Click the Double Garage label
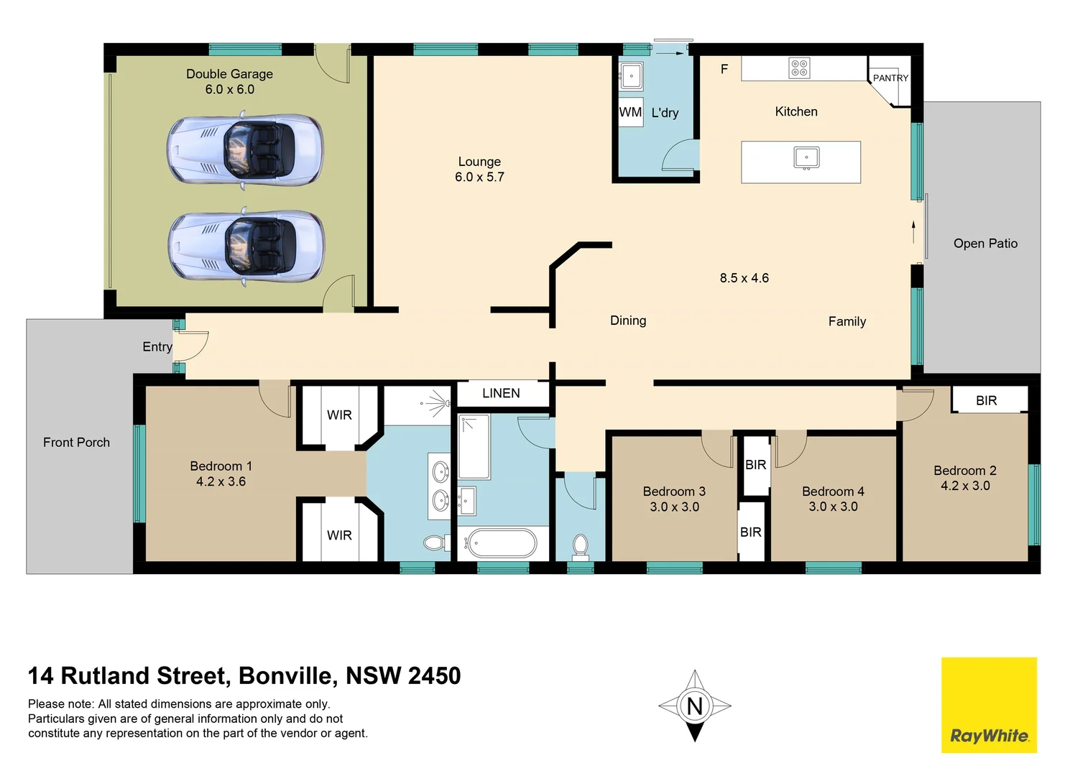pos(229,74)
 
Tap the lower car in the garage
pos(246,246)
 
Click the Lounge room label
pos(479,162)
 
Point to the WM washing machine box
pos(630,112)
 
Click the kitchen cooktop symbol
pos(799,68)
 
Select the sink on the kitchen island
pos(806,157)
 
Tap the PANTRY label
pos(890,78)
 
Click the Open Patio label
pos(985,244)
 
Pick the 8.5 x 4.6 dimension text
pos(744,278)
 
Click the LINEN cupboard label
pos(501,393)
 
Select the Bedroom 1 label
pos(221,466)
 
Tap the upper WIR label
pos(339,415)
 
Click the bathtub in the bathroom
pos(499,544)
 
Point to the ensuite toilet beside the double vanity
pos(434,542)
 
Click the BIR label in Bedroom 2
pos(986,401)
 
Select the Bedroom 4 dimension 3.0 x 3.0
pos(833,507)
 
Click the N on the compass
pos(694,706)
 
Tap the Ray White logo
pos(989,705)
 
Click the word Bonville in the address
pos(285,676)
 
